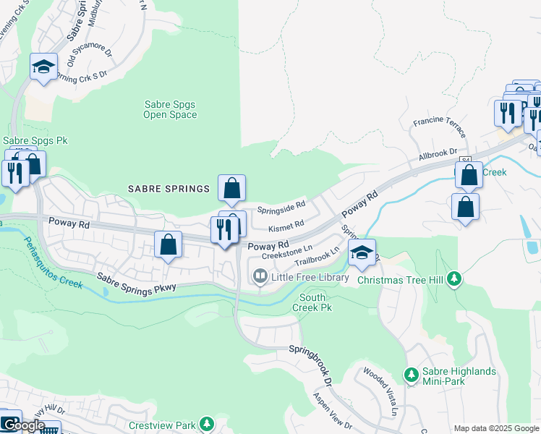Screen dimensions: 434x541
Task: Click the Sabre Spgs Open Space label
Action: click(169, 109)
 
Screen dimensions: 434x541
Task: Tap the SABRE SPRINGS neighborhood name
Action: click(169, 189)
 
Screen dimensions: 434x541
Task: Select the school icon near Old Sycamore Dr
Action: click(44, 67)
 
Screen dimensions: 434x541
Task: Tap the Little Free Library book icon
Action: click(258, 276)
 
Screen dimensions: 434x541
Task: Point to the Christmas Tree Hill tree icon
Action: click(453, 278)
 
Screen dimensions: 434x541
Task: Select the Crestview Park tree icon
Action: click(207, 422)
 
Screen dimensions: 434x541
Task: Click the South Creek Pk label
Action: click(312, 302)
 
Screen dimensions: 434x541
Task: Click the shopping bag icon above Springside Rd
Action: click(231, 189)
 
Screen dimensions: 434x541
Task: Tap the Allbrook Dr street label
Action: click(438, 154)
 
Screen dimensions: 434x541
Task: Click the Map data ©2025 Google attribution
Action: click(496, 428)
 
